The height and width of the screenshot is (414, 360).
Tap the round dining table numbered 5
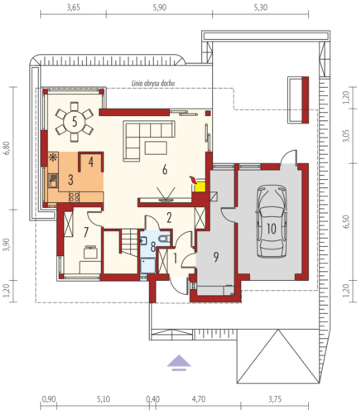[x=74, y=122]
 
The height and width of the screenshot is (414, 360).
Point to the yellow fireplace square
[x=200, y=187]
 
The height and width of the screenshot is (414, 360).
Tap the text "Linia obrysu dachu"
[x=153, y=83]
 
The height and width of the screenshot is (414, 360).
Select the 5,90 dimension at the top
[x=159, y=8]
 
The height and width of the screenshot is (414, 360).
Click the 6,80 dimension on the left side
[x=7, y=148]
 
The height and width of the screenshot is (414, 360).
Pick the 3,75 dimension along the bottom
[x=275, y=400]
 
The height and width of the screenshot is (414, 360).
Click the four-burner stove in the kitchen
[x=74, y=197]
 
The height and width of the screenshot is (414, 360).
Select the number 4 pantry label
[x=91, y=162]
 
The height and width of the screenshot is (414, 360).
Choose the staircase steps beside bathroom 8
[x=130, y=242]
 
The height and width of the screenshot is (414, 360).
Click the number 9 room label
[x=216, y=257]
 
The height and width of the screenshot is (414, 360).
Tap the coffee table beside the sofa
[x=156, y=148]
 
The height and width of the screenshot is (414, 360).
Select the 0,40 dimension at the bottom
[x=153, y=400]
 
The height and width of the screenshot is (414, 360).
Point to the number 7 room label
[x=86, y=232]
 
